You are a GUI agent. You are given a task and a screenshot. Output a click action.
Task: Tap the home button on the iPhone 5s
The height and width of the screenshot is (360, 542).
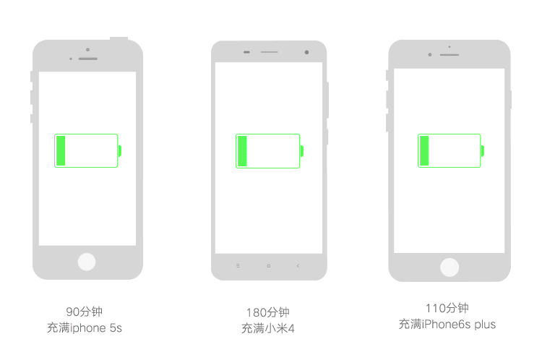(x=87, y=262)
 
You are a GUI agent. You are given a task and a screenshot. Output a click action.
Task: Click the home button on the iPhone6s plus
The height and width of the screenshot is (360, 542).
(x=449, y=267)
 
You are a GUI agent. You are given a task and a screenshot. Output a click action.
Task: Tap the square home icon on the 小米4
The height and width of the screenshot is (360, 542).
(x=269, y=266)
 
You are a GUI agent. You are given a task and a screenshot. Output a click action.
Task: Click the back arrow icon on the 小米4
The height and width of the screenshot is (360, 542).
(x=298, y=265)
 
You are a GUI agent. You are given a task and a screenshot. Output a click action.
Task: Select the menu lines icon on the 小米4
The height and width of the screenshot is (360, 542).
(x=238, y=265)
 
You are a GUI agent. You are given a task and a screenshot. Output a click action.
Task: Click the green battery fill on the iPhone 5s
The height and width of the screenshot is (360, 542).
(x=61, y=151)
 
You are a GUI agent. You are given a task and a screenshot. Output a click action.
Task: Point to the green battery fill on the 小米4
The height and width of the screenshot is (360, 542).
(x=242, y=151)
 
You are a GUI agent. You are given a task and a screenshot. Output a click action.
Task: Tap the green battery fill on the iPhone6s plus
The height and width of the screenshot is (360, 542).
(x=424, y=151)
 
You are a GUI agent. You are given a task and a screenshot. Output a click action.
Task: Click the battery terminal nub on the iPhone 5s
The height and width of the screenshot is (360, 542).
(x=120, y=151)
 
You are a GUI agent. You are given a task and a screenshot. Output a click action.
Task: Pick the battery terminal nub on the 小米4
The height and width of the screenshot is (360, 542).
(x=302, y=151)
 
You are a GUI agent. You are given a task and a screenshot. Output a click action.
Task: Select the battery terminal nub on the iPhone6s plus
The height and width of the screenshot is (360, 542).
(x=483, y=151)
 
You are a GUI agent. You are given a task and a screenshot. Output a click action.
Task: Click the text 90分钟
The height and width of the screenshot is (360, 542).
(x=85, y=312)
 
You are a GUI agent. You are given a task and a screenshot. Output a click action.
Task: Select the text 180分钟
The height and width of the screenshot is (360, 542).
(x=268, y=312)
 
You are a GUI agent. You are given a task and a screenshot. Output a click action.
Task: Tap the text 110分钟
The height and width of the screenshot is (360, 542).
(x=447, y=308)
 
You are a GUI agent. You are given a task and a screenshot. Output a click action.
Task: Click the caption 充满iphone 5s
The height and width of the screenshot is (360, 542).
(x=85, y=327)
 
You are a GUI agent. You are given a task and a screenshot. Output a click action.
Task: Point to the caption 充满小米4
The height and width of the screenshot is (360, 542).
(x=268, y=328)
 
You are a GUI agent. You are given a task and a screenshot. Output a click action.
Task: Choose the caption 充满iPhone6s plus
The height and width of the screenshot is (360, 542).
(x=447, y=324)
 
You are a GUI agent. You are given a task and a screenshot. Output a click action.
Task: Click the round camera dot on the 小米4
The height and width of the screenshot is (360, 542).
(x=306, y=52)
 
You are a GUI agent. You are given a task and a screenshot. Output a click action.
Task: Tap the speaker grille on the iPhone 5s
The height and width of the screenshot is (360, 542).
(x=87, y=59)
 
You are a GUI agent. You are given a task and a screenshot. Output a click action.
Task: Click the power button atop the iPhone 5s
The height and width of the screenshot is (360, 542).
(x=119, y=38)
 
